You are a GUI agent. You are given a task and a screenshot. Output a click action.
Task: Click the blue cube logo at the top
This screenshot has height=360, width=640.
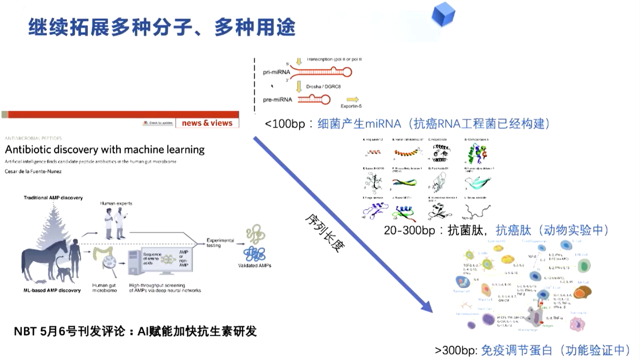443,14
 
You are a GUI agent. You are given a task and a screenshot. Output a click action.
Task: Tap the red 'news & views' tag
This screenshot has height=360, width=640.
207,123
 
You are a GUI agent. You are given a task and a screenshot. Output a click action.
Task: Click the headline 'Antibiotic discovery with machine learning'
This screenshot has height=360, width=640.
105,150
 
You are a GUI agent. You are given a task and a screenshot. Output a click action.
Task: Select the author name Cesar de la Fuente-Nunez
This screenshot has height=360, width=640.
33,171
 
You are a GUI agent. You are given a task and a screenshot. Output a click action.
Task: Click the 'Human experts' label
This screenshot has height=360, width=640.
116,203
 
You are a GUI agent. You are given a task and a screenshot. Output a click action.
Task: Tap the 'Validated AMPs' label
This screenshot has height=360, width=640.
255,265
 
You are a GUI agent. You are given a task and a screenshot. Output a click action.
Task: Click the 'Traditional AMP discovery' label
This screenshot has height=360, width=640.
53,198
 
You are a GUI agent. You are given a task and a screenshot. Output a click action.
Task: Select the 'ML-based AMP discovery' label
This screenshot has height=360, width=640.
52,290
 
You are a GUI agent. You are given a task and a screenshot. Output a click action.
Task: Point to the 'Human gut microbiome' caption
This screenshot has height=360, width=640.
104,288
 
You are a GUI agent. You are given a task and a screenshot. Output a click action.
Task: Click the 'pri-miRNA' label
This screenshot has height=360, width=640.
276,72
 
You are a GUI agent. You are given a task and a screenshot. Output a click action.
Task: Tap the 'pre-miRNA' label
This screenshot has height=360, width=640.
277,99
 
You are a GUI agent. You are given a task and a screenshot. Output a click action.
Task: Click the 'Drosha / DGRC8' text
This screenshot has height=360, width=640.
323,87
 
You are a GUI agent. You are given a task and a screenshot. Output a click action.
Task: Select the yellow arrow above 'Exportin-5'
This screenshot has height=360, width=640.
352,99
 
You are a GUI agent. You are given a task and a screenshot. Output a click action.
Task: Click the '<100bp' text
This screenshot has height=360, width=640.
285,124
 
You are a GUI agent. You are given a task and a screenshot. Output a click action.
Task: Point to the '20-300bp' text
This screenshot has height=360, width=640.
409,230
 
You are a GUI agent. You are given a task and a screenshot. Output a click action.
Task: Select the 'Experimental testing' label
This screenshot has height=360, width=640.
220,243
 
